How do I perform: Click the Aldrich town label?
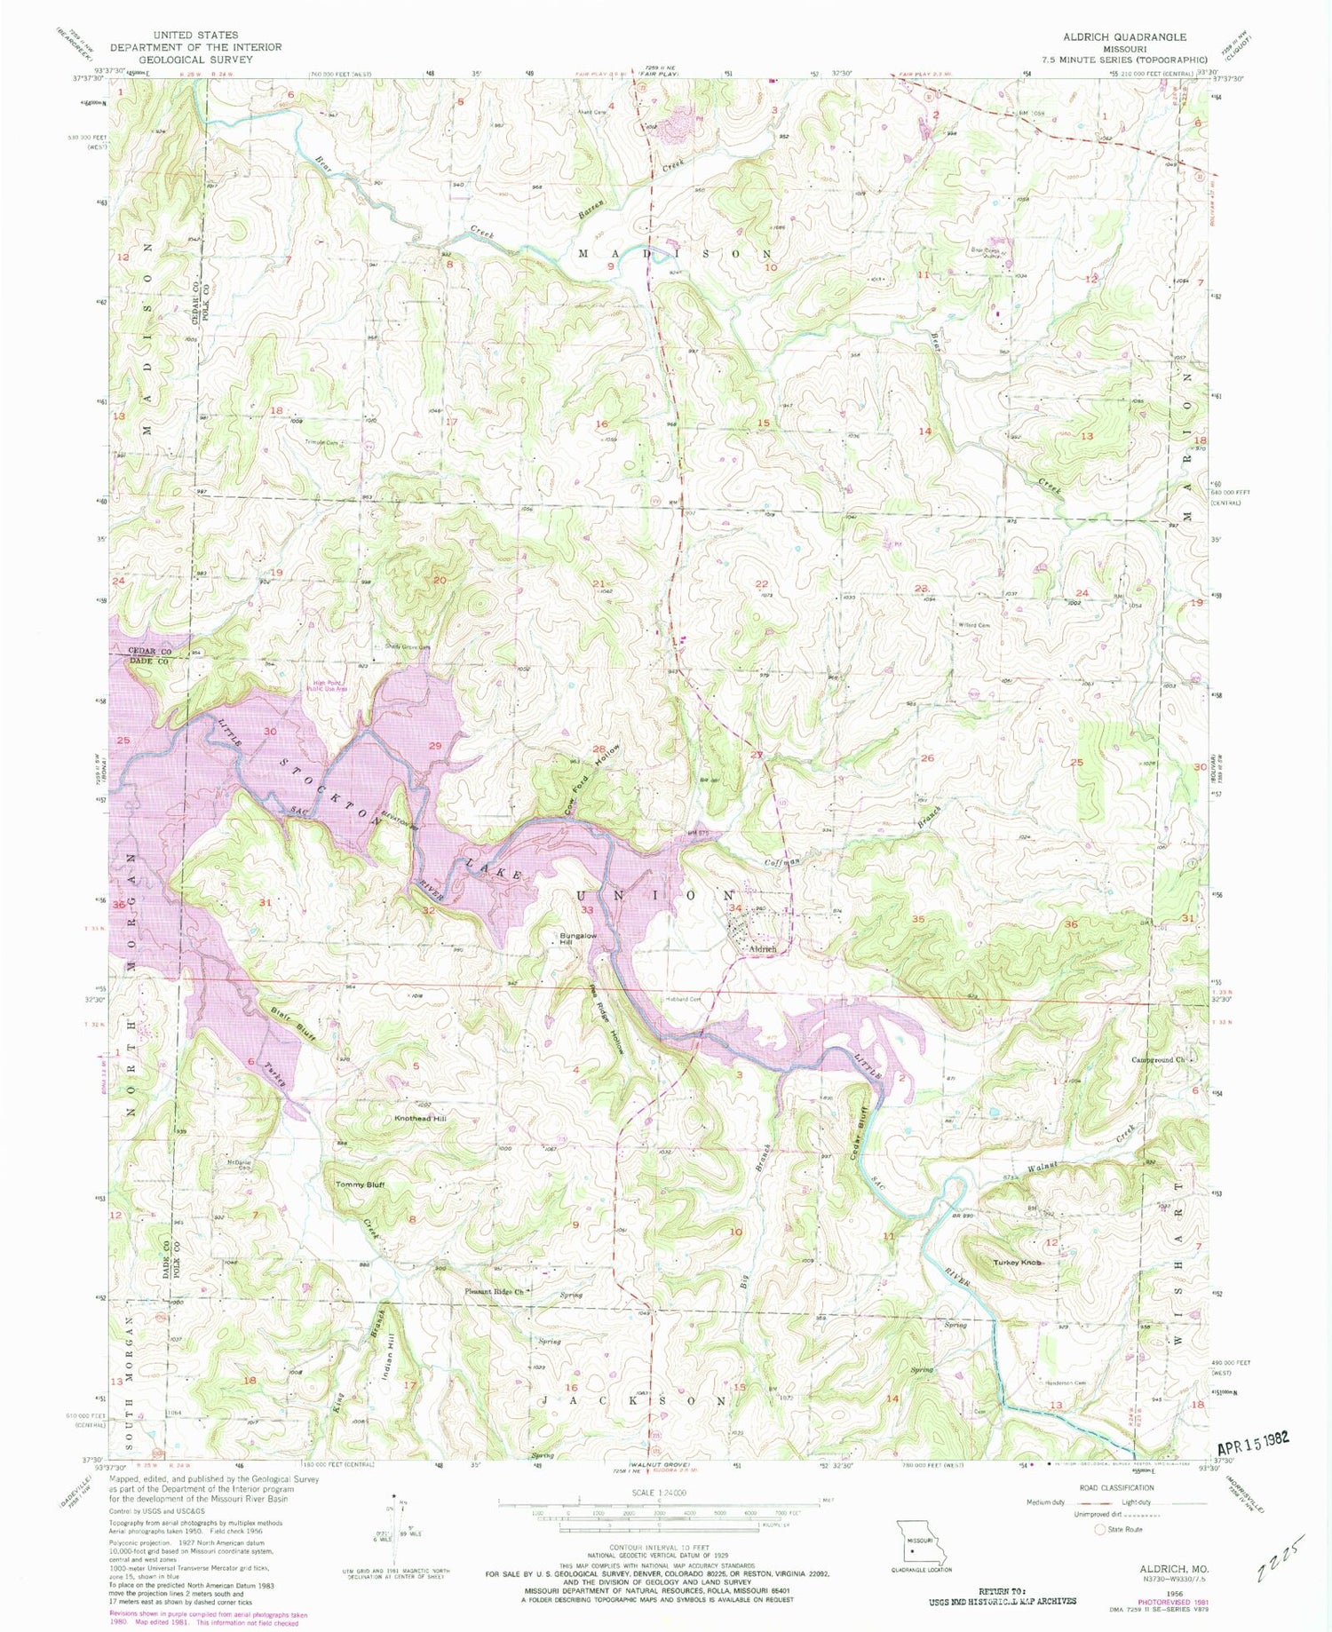pyautogui.click(x=763, y=949)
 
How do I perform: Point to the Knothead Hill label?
pyautogui.click(x=420, y=1119)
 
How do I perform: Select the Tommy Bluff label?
pyautogui.click(x=360, y=1184)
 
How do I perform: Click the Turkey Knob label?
pyautogui.click(x=1016, y=1262)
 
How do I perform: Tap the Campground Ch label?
pyautogui.click(x=1158, y=1059)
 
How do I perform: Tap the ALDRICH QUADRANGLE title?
pyautogui.click(x=1124, y=36)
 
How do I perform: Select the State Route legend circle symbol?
pyautogui.click(x=1100, y=1529)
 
